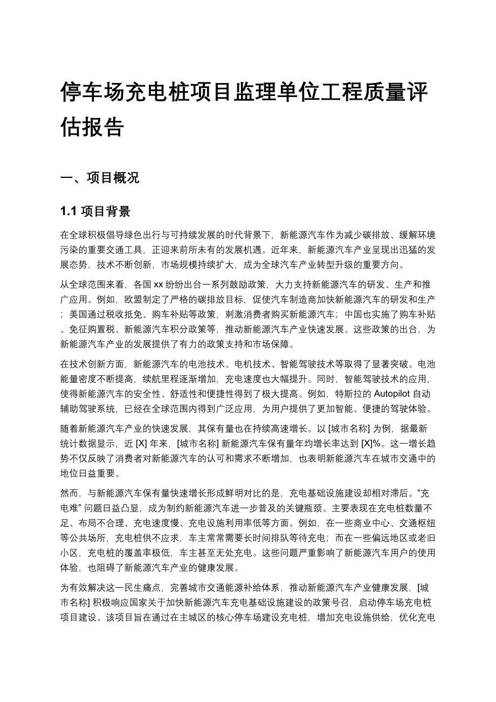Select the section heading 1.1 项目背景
tap(95, 211)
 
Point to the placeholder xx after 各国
tap(159, 284)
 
